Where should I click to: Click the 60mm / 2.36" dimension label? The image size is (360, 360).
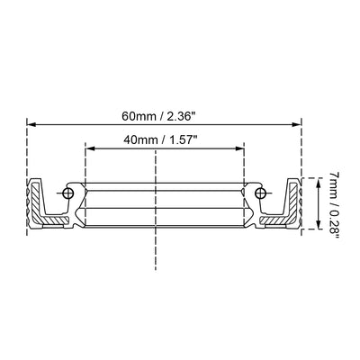pyautogui.click(x=161, y=116)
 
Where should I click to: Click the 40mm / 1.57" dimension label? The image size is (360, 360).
pyautogui.click(x=161, y=139)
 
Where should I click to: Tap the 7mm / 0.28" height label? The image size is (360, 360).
pyautogui.click(x=334, y=205)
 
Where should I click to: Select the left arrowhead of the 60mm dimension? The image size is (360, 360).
pyautogui.click(x=31, y=124)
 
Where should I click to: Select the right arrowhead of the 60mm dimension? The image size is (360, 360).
pyautogui.click(x=296, y=124)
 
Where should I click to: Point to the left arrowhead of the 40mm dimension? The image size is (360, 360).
pyautogui.click(x=90, y=148)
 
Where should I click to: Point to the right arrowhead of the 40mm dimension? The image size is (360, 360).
pyautogui.click(x=239, y=148)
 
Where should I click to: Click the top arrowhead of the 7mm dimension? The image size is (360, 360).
pyautogui.click(x=319, y=182)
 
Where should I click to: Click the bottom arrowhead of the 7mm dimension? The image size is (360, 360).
pyautogui.click(x=319, y=225)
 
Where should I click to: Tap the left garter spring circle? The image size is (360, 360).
pyautogui.click(x=68, y=193)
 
